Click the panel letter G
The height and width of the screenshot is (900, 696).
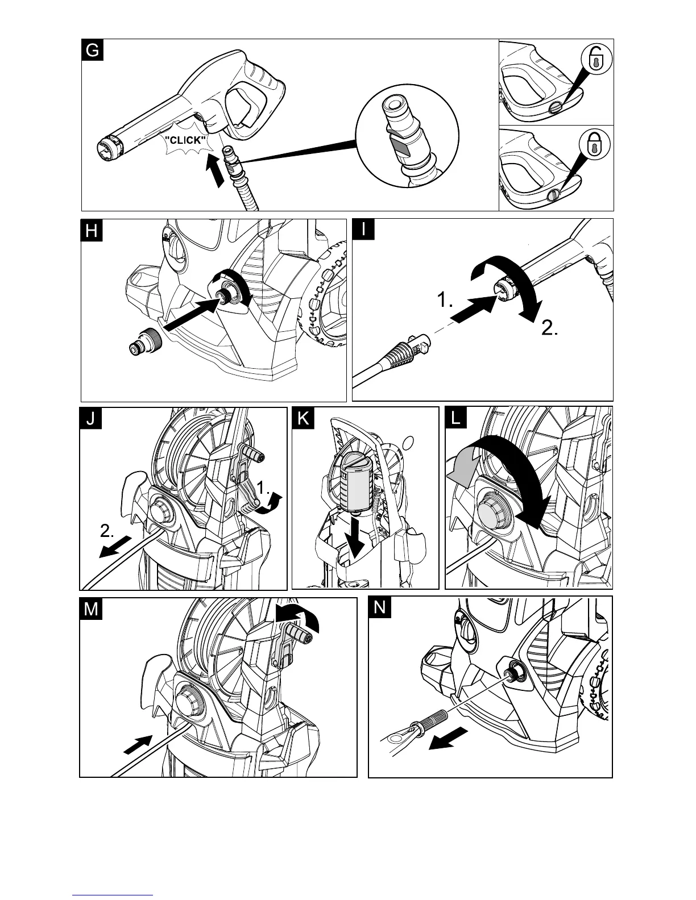click(92, 50)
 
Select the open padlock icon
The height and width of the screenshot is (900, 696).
click(595, 59)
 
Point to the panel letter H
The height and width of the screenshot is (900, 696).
click(92, 231)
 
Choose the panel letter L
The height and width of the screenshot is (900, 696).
click(456, 419)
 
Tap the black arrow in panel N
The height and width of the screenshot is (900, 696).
click(448, 738)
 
